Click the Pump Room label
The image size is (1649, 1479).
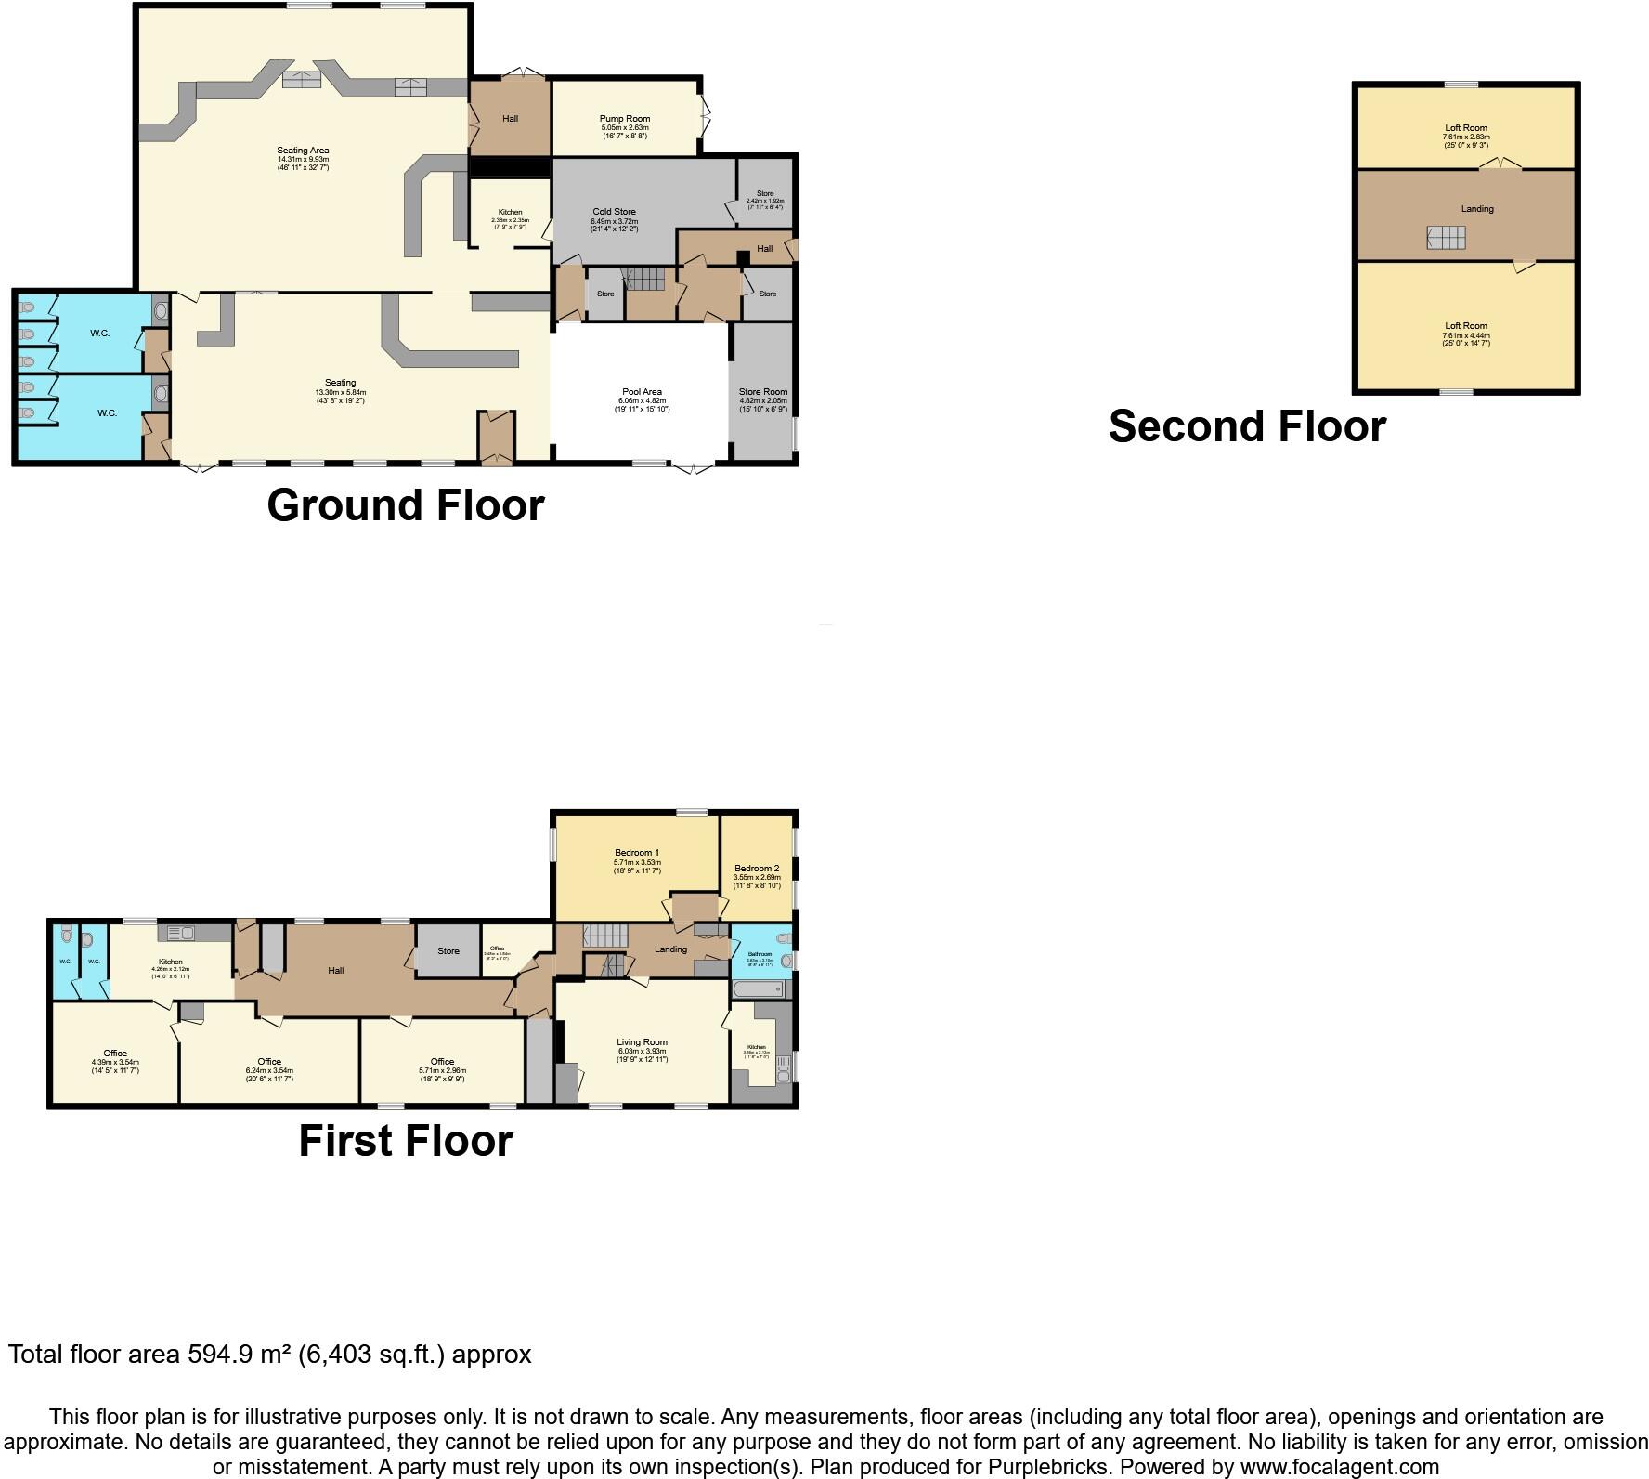[x=624, y=119]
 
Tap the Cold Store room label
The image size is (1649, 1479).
[x=614, y=212]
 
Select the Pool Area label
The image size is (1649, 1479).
[x=642, y=392]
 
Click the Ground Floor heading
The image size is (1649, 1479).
[x=405, y=505]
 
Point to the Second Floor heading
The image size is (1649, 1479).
[x=1247, y=426]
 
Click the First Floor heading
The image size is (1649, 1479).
[x=405, y=1141]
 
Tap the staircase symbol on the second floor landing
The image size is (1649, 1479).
[x=1446, y=238]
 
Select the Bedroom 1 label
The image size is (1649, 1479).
[x=636, y=853]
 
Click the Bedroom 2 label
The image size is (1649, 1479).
[x=756, y=869]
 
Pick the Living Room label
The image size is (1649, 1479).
[x=642, y=1042]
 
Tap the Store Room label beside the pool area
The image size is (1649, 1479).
[x=762, y=392]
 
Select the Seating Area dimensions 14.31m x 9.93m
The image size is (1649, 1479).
[x=303, y=159]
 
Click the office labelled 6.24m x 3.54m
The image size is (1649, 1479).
[x=269, y=1070]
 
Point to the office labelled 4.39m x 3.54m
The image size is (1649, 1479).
[x=115, y=1062]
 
